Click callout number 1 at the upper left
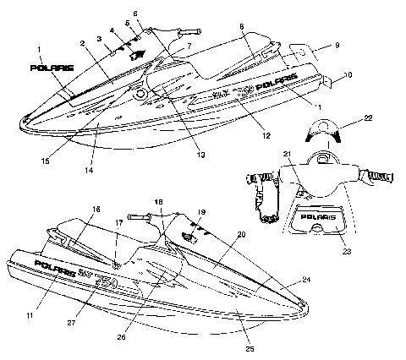[x=40, y=50]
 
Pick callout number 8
[x=242, y=28]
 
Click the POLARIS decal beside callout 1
[x=52, y=68]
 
